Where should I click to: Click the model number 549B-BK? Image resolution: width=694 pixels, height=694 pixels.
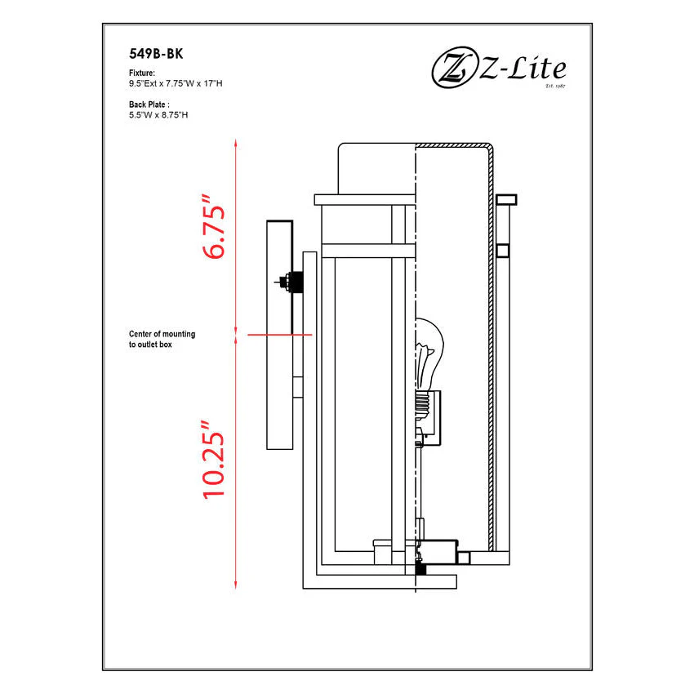tap(156, 54)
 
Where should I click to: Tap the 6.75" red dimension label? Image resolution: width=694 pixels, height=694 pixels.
tap(214, 226)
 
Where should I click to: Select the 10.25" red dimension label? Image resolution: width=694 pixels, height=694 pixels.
tap(214, 460)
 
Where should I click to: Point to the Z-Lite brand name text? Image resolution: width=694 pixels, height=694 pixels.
tap(523, 69)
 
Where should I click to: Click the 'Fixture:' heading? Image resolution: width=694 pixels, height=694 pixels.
tap(142, 73)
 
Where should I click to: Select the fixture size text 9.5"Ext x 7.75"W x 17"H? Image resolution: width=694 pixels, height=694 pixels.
tap(176, 83)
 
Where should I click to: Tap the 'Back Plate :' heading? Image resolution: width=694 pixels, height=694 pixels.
tap(149, 105)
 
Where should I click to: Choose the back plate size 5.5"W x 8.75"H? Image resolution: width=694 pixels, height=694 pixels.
tap(158, 115)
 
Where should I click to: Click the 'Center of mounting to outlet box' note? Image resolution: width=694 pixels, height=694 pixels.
tap(162, 339)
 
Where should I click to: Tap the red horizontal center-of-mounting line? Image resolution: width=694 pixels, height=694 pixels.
tap(280, 335)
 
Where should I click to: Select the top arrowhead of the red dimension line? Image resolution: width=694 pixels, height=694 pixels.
tap(236, 143)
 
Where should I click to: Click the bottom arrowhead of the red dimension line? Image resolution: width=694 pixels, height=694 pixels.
tap(236, 585)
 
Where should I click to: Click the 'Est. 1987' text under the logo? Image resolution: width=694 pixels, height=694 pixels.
tap(555, 86)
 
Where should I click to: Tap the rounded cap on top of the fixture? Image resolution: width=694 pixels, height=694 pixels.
tap(376, 169)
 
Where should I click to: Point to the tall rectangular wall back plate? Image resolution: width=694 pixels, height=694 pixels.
tap(280, 335)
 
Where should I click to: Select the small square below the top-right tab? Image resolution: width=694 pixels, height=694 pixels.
tap(503, 251)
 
